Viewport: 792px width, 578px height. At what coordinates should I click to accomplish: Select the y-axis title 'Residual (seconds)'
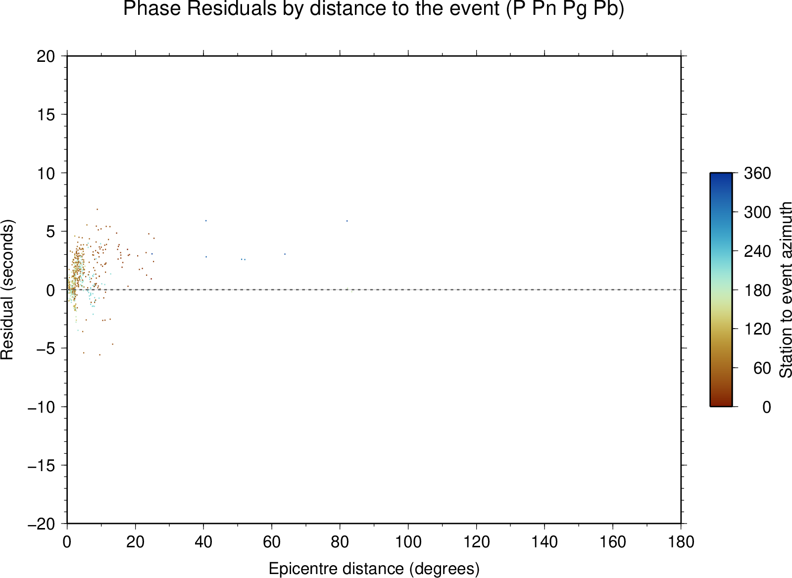click(7, 289)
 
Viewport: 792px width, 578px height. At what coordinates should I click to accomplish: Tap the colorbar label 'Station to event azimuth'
click(785, 290)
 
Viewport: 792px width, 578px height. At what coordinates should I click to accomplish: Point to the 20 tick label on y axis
click(46, 56)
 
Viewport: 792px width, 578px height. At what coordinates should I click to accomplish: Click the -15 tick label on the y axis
click(42, 466)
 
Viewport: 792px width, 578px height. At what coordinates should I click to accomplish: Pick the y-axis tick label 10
click(46, 173)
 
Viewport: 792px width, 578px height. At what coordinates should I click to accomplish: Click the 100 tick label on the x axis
click(408, 542)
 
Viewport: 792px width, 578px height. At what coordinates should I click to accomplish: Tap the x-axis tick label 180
click(681, 542)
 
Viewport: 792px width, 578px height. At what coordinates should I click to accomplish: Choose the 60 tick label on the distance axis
click(272, 542)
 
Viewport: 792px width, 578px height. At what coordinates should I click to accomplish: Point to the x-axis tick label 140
click(544, 542)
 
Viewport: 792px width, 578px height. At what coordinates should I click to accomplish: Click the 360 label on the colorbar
click(757, 173)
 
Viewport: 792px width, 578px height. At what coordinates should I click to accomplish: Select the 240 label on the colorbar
click(757, 251)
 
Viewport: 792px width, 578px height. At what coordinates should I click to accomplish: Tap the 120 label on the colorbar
click(757, 329)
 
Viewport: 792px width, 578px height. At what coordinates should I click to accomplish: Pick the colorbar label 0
click(767, 407)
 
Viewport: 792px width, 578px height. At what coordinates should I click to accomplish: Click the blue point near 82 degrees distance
click(347, 221)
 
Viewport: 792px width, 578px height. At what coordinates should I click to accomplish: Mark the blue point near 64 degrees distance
click(285, 254)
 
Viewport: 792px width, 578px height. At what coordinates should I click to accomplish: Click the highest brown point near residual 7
click(97, 209)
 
